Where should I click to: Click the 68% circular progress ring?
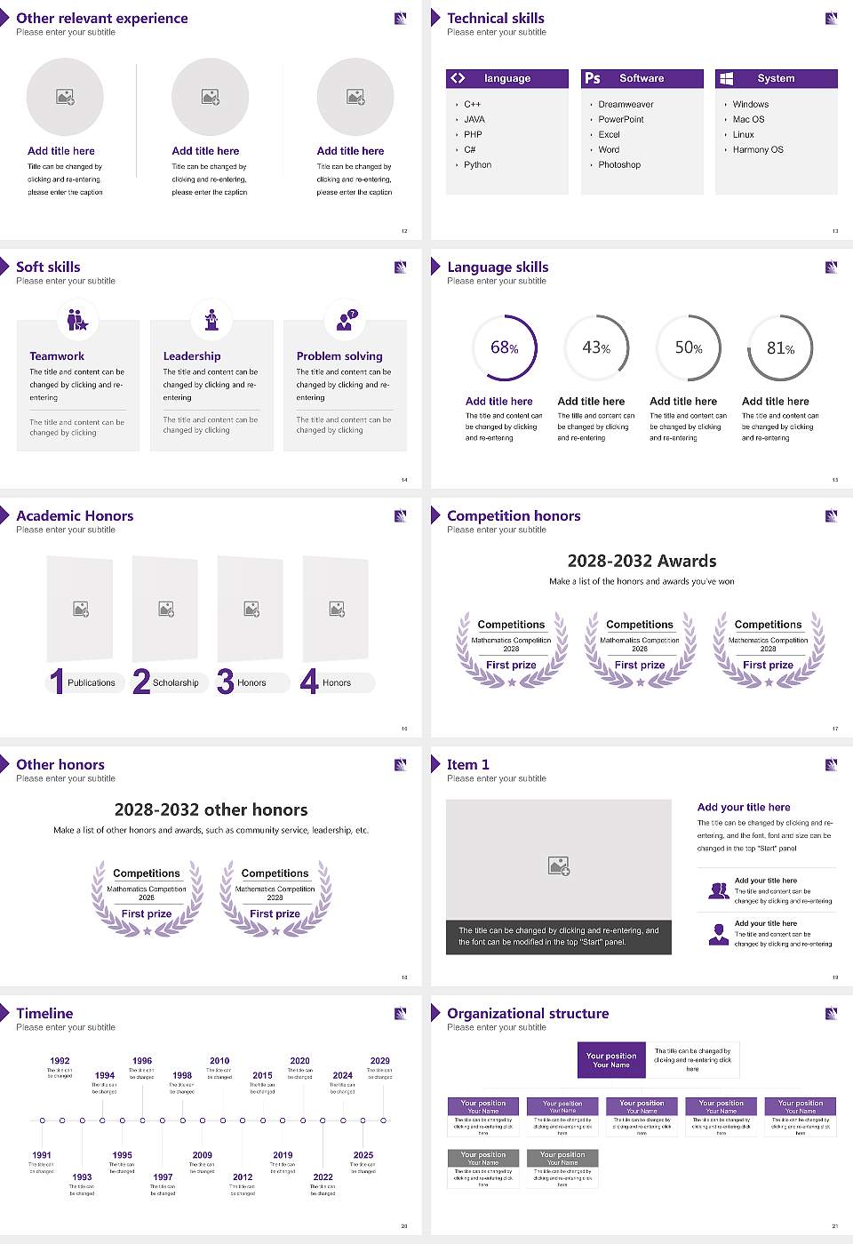pyautogui.click(x=505, y=347)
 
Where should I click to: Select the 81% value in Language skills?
pyautogui.click(x=780, y=348)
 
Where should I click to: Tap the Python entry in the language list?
pyautogui.click(x=477, y=165)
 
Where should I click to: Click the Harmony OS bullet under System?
pyautogui.click(x=758, y=150)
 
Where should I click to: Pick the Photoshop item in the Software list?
pyautogui.click(x=619, y=165)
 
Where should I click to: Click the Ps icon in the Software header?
pyautogui.click(x=593, y=78)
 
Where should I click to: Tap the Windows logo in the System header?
pyautogui.click(x=726, y=78)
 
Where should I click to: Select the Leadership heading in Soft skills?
pyautogui.click(x=192, y=356)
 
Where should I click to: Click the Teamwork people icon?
pyautogui.click(x=77, y=320)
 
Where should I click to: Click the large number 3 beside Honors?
pyautogui.click(x=226, y=682)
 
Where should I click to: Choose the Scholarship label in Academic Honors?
pyautogui.click(x=175, y=683)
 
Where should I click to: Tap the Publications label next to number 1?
pyautogui.click(x=92, y=683)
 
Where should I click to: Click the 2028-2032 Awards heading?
pyautogui.click(x=642, y=562)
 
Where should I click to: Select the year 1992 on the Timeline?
pyautogui.click(x=60, y=1061)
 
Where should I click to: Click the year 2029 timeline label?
pyautogui.click(x=379, y=1061)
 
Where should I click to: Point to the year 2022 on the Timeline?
pyautogui.click(x=323, y=1177)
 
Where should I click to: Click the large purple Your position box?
pyautogui.click(x=611, y=1060)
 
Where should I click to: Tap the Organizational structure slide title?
pyautogui.click(x=528, y=1014)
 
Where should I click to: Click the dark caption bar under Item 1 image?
pyautogui.click(x=559, y=937)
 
